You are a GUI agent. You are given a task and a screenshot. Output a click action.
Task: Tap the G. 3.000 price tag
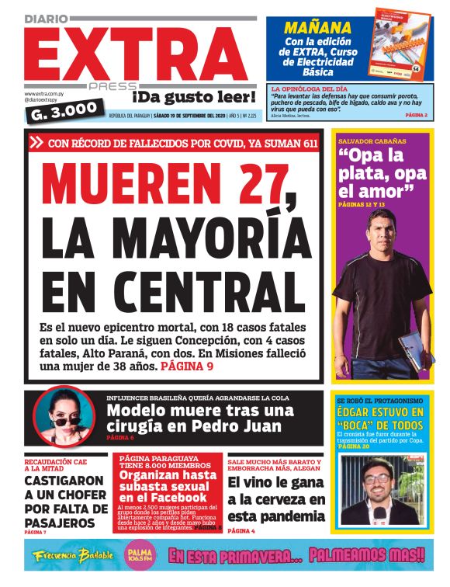pos(62,112)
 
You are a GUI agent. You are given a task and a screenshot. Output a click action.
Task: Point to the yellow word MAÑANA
pos(318,27)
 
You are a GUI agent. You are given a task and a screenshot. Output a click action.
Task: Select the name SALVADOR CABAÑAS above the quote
pos(373,141)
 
